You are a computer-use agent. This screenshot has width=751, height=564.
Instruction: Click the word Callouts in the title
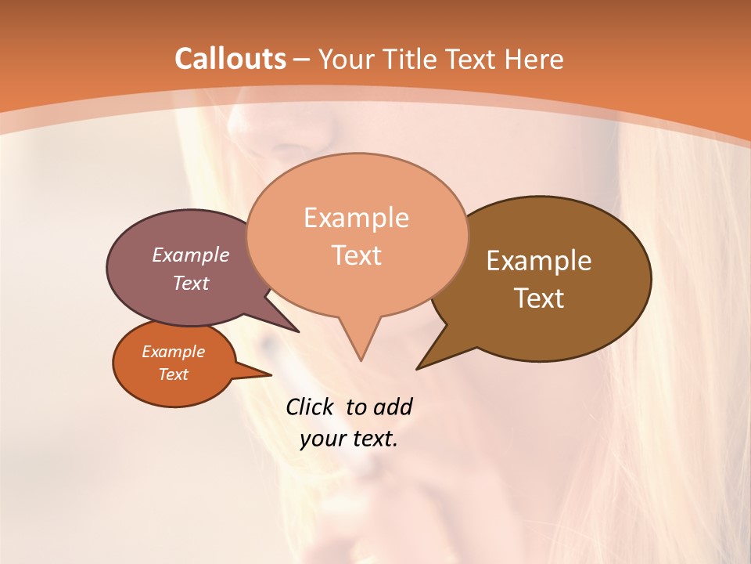pyautogui.click(x=230, y=59)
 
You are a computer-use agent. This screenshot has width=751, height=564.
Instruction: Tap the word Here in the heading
pyautogui.click(x=534, y=59)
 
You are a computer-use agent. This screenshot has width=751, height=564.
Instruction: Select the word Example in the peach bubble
pyautogui.click(x=357, y=218)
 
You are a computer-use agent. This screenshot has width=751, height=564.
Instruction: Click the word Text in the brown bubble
pyautogui.click(x=540, y=298)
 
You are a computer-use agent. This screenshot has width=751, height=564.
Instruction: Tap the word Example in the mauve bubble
pyautogui.click(x=191, y=255)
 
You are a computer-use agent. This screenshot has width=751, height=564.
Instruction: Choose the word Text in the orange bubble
pyautogui.click(x=174, y=374)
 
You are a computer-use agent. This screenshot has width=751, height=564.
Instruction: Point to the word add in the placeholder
pyautogui.click(x=392, y=407)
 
